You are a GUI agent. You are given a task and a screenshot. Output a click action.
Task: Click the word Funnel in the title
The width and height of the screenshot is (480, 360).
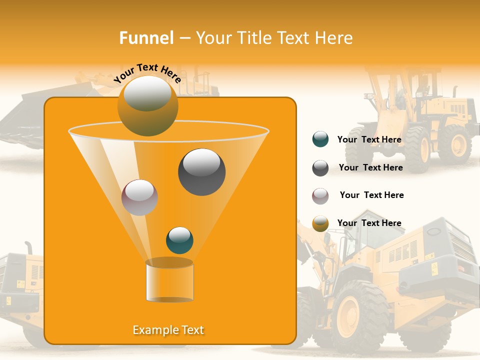[x=146, y=38]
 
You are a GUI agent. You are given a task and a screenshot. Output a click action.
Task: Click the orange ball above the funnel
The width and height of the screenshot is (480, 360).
[x=147, y=105]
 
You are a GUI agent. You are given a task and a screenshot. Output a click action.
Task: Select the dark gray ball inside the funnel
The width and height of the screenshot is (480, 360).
[x=202, y=172]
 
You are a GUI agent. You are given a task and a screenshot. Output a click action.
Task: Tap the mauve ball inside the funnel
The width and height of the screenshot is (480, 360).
[x=139, y=197]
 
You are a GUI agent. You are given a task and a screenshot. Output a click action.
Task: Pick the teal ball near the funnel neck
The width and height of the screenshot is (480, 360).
[x=179, y=240]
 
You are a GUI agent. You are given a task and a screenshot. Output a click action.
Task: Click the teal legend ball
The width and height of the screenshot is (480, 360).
[x=320, y=139]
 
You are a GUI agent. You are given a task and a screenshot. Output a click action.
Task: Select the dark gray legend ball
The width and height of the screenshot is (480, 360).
[x=320, y=168]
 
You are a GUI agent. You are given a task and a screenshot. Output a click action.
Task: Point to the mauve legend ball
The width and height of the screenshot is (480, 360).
[x=320, y=196]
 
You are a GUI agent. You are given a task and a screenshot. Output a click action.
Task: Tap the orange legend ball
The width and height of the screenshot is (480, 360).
[x=320, y=223]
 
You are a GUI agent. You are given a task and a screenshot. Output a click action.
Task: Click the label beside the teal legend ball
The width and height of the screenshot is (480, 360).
[x=369, y=139]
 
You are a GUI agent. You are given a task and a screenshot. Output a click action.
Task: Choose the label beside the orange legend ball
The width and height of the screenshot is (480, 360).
[x=369, y=223]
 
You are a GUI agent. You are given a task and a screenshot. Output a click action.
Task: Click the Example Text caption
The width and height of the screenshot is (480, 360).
[x=168, y=330]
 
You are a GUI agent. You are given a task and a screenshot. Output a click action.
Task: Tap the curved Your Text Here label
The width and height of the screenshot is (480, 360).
[x=147, y=73]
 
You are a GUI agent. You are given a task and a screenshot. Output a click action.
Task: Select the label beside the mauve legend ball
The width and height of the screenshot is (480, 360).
[x=371, y=195]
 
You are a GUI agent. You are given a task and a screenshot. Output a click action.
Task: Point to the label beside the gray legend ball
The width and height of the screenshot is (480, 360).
[x=370, y=167]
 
